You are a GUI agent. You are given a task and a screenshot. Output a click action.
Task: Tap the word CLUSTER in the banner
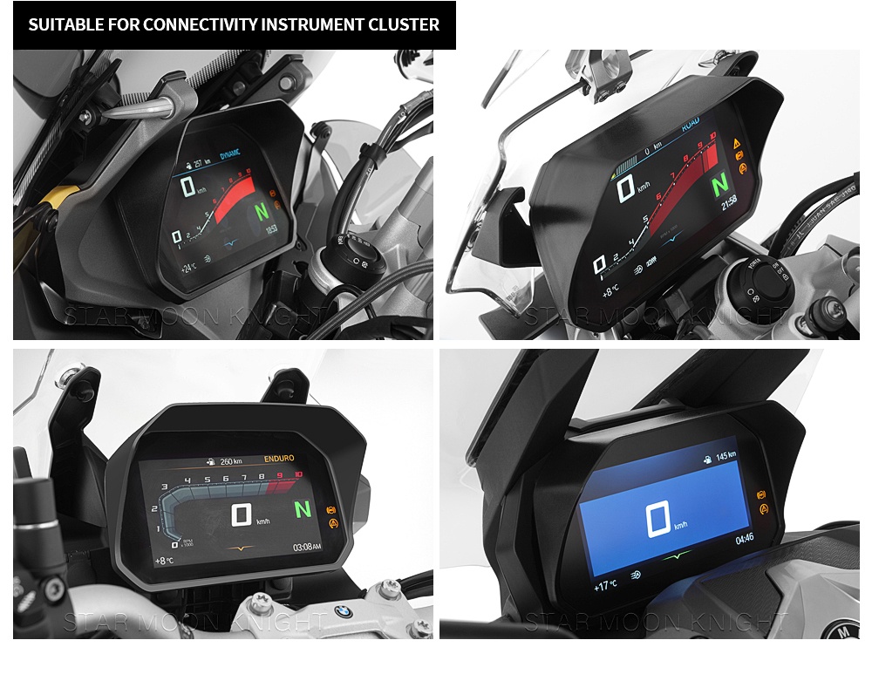[x=404, y=24]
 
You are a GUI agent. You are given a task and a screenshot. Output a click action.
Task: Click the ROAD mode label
[x=690, y=126]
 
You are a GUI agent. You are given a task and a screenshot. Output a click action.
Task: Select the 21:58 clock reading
[x=730, y=201]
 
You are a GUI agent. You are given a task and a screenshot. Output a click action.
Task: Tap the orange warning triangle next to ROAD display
[x=737, y=142]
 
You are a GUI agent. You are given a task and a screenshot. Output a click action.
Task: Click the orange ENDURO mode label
[x=278, y=459]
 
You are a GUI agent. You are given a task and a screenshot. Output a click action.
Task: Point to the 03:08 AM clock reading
[x=306, y=546]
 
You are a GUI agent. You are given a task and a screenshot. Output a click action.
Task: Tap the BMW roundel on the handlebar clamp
[x=344, y=612]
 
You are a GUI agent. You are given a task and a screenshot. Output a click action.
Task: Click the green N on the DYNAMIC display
[x=261, y=211]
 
